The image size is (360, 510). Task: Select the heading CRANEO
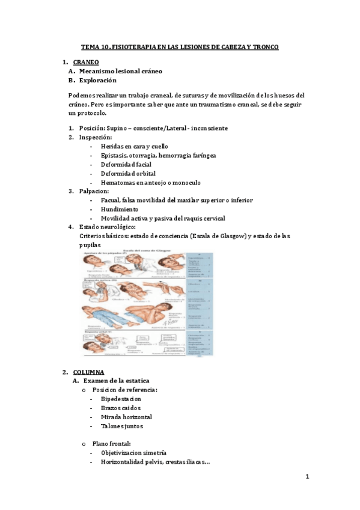[86, 62]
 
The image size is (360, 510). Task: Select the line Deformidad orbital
[128, 173]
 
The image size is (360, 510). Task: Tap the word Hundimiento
[120, 209]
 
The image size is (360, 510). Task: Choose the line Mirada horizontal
[126, 417]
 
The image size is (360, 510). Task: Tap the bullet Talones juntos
[122, 426]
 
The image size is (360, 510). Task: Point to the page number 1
[307, 477]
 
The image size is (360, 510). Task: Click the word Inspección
[95, 137]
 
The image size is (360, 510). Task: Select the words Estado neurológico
[107, 227]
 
